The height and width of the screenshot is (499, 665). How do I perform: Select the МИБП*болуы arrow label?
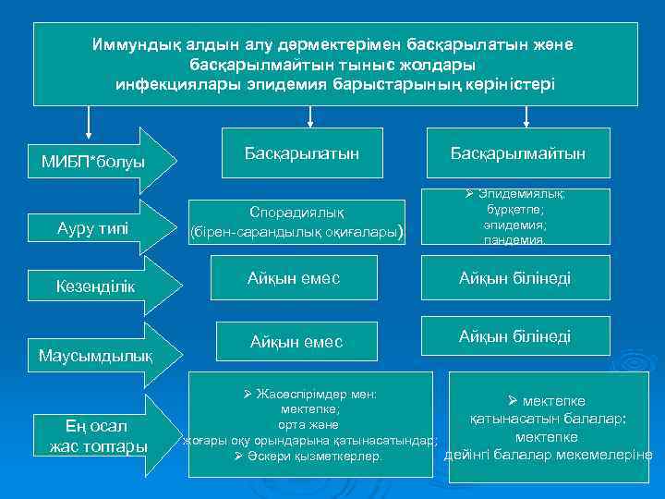coord(93,163)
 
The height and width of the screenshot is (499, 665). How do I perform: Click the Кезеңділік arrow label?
coord(95,286)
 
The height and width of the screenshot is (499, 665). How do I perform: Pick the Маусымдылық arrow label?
coord(95,355)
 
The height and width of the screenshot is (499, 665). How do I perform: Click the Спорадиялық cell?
coord(296,211)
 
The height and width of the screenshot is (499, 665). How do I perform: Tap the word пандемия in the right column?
coord(514,239)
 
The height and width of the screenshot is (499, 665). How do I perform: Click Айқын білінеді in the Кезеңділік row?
coord(515,278)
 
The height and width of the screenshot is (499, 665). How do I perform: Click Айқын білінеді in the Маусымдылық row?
coord(515,336)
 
